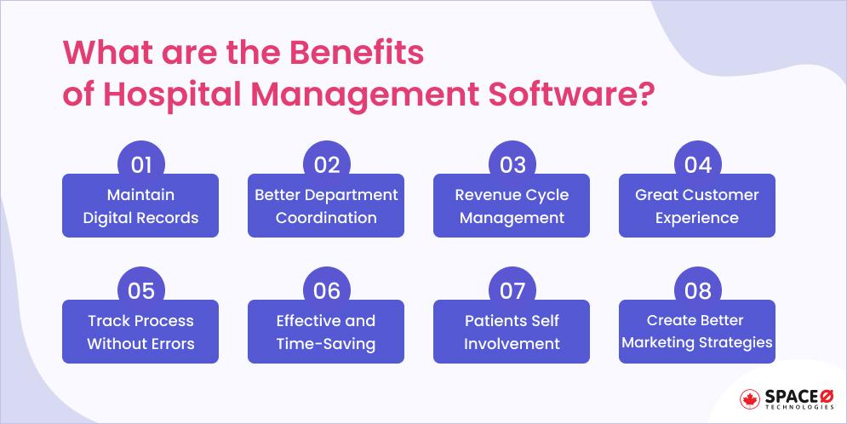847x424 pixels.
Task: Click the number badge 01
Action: coord(141,164)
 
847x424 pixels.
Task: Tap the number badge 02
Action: coord(327,164)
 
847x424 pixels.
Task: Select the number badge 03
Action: coord(512,164)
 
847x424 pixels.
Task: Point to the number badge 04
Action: coord(698,164)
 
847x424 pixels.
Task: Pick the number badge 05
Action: coord(141,290)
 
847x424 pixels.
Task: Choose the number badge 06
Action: coord(327,290)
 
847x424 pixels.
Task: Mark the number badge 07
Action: coord(512,290)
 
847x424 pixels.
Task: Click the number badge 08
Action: coord(698,290)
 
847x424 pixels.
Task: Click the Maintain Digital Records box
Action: coord(140,207)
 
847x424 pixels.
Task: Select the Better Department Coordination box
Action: coord(326,207)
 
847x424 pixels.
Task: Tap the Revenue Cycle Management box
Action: coord(512,207)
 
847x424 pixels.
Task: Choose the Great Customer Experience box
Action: coord(697,207)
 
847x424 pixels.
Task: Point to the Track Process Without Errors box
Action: coord(140,333)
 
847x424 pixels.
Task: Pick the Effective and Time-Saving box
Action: coord(326,333)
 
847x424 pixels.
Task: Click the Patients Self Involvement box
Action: coord(512,333)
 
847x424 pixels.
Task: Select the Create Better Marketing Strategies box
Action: coord(697,333)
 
